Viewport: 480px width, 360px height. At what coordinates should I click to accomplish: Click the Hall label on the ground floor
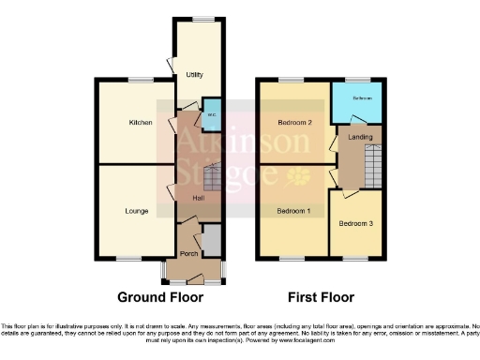[199, 199]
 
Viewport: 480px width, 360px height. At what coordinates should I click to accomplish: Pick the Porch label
[187, 255]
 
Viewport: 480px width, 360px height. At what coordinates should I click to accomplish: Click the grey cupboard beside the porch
[212, 241]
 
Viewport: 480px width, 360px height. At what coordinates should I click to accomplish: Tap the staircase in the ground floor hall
[213, 178]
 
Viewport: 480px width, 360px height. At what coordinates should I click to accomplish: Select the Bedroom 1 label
[293, 211]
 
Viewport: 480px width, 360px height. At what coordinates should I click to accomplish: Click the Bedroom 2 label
[294, 123]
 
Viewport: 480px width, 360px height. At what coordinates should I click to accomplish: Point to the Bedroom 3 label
[355, 223]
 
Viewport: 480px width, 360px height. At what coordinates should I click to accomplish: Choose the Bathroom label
[362, 98]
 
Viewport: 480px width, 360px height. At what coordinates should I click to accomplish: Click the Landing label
[360, 138]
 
